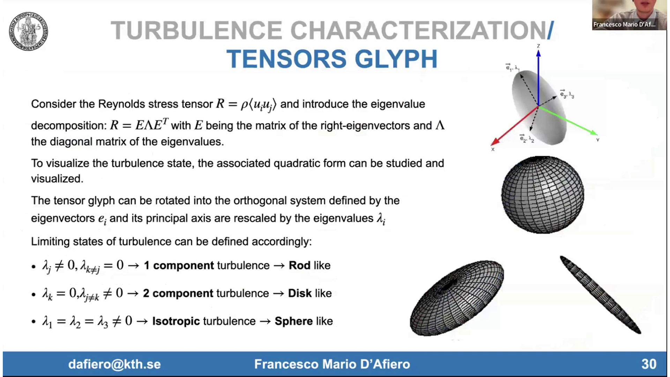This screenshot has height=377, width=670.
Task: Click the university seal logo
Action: pyautogui.click(x=28, y=31)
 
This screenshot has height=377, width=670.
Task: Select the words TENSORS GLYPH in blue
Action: pyautogui.click(x=332, y=59)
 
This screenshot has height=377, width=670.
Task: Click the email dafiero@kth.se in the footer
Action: pyautogui.click(x=114, y=364)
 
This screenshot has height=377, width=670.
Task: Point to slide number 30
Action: pyautogui.click(x=649, y=364)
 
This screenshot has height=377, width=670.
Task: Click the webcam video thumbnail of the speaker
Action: pyautogui.click(x=629, y=15)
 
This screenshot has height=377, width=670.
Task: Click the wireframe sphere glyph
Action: pyautogui.click(x=543, y=194)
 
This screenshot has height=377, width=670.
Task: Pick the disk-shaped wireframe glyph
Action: pyautogui.click(x=456, y=298)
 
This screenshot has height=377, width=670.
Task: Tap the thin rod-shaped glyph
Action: pyautogui.click(x=600, y=295)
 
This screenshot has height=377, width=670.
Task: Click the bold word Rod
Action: pyautogui.click(x=299, y=265)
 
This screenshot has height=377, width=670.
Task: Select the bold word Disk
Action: pyautogui.click(x=300, y=293)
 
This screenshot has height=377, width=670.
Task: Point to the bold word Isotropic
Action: pyautogui.click(x=176, y=321)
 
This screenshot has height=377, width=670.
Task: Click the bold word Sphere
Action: pyautogui.click(x=293, y=321)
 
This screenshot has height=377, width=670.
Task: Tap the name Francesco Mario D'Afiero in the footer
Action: pyautogui.click(x=332, y=364)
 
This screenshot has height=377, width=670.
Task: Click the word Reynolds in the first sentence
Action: pyautogui.click(x=121, y=104)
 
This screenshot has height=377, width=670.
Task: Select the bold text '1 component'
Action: pyautogui.click(x=179, y=265)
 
